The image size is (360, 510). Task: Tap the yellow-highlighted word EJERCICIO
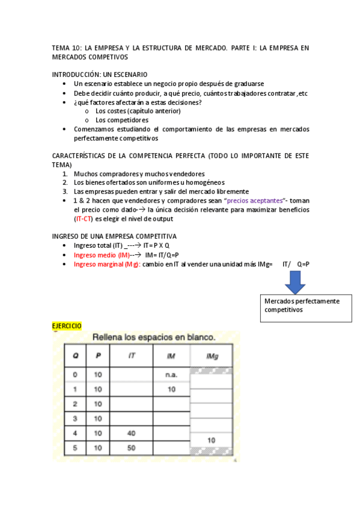click(67, 326)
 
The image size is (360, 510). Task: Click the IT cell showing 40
click(132, 433)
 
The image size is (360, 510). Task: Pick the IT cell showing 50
click(132, 448)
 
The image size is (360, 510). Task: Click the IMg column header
click(212, 357)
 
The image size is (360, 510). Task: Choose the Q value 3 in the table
click(75, 419)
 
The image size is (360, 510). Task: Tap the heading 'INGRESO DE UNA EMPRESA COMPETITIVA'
click(114, 236)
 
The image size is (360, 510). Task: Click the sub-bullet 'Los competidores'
click(122, 120)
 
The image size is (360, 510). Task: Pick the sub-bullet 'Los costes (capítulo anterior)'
click(138, 111)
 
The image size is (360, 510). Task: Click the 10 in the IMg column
click(212, 440)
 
